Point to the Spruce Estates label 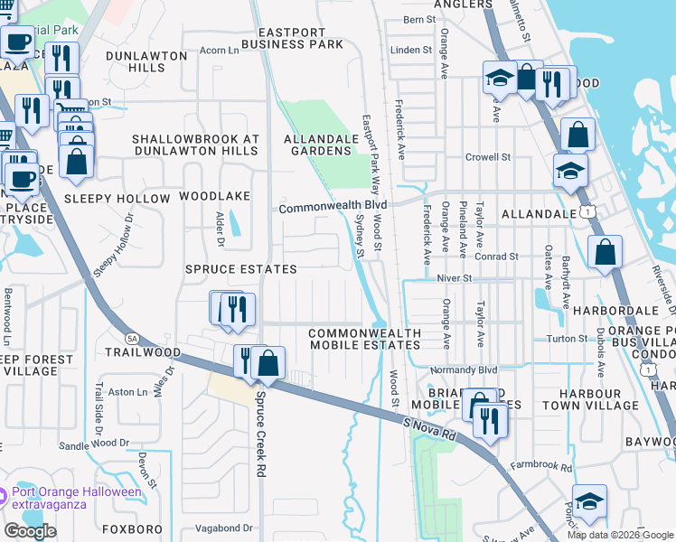pyautogui.click(x=240, y=270)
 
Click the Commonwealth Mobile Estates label pyautogui.click(x=365, y=339)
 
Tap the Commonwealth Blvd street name pyautogui.click(x=326, y=208)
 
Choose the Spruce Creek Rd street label pyautogui.click(x=261, y=434)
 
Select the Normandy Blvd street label pyautogui.click(x=465, y=370)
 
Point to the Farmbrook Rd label pyautogui.click(x=540, y=468)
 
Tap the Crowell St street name pyautogui.click(x=488, y=157)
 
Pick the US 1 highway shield pyautogui.click(x=589, y=210)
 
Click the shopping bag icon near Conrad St pyautogui.click(x=605, y=252)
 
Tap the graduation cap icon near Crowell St pyautogui.click(x=570, y=170)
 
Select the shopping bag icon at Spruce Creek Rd pyautogui.click(x=268, y=362)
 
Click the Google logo pyautogui.click(x=30, y=530)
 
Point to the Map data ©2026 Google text pyautogui.click(x=619, y=535)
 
